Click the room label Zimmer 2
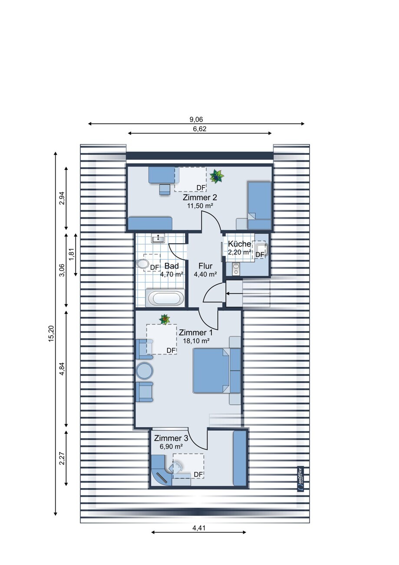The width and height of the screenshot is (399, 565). point(200,197)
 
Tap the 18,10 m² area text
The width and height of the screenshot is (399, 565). point(196,341)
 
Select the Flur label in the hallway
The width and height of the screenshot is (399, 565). point(205,266)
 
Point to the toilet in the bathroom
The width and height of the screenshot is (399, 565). point(142,264)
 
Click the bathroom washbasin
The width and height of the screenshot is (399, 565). point(158,238)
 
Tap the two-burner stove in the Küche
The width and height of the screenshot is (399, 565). point(236,269)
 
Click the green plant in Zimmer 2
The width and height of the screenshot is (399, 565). point(217,176)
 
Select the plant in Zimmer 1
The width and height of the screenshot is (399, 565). point(165,319)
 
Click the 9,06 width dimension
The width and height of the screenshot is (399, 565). point(196,120)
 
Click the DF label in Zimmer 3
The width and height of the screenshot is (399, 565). point(198,475)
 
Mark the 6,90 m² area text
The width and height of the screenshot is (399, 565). point(171,446)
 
